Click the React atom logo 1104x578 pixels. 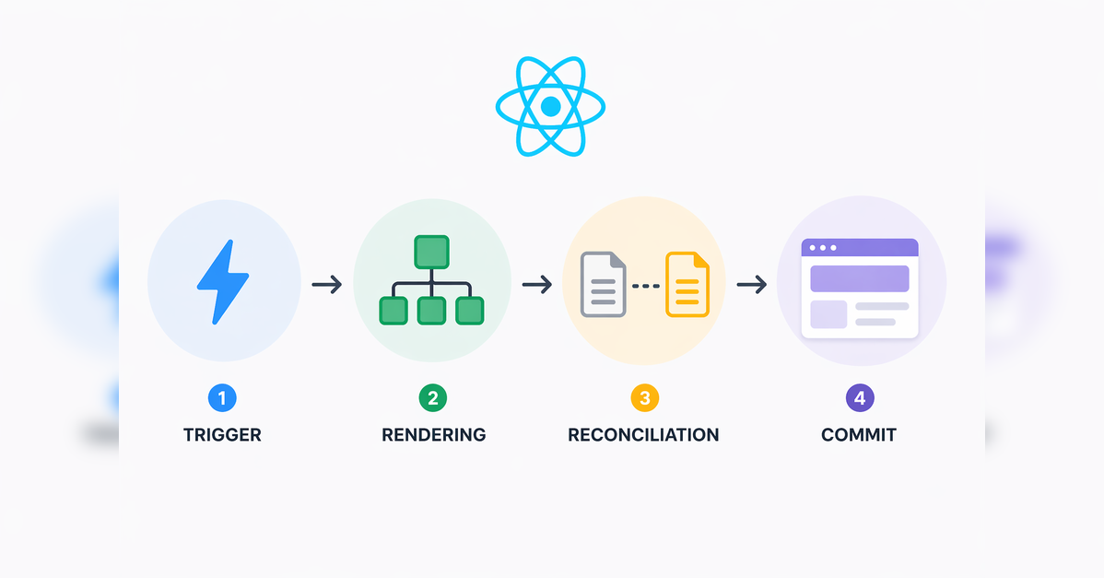(x=550, y=107)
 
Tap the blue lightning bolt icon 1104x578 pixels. (x=223, y=282)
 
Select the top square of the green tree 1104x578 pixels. (x=431, y=252)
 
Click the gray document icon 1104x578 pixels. (x=603, y=286)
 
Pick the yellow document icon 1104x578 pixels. (x=687, y=286)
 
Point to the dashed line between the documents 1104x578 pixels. (x=645, y=286)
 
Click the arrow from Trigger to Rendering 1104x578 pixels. (x=327, y=285)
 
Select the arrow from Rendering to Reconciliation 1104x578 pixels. (x=536, y=285)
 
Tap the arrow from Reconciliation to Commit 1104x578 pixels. (x=752, y=285)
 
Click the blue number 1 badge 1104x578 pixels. (x=222, y=398)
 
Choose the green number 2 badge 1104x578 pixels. (x=432, y=398)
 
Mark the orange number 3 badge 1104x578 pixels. (x=644, y=398)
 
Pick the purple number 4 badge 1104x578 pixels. (x=860, y=398)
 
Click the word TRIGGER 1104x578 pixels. (x=222, y=434)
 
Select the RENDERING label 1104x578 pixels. (x=433, y=434)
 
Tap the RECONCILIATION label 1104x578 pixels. (x=643, y=434)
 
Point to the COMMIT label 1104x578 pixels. (x=859, y=434)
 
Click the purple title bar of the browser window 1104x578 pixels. (x=860, y=247)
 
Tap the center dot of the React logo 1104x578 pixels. (x=550, y=107)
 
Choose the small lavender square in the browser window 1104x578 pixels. (x=828, y=314)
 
